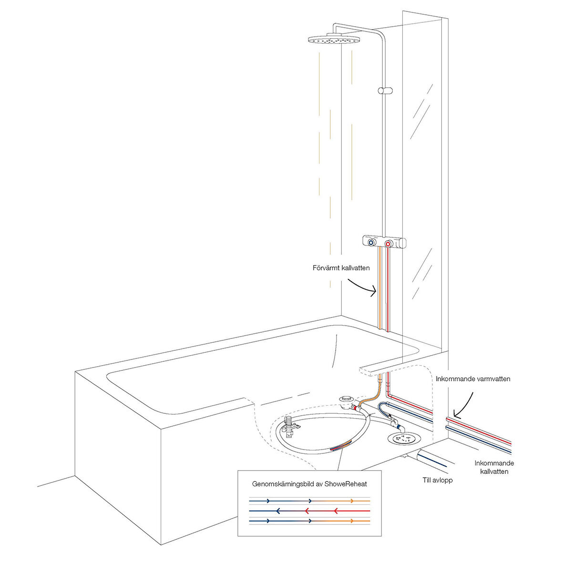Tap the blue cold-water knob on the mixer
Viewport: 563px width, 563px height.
(371, 243)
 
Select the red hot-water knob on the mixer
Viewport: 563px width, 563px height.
(388, 244)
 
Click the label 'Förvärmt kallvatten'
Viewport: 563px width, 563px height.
(341, 268)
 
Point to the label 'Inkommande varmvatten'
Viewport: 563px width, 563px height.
(473, 379)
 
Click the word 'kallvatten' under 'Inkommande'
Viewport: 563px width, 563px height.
(494, 471)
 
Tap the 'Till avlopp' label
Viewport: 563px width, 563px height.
(438, 480)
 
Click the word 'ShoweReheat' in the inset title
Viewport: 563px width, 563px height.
(346, 484)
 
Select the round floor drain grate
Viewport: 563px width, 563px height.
(404, 439)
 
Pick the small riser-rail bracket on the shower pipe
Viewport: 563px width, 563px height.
(385, 91)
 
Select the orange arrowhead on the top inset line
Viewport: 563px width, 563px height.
(352, 501)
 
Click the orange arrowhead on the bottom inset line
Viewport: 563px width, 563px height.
(352, 521)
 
